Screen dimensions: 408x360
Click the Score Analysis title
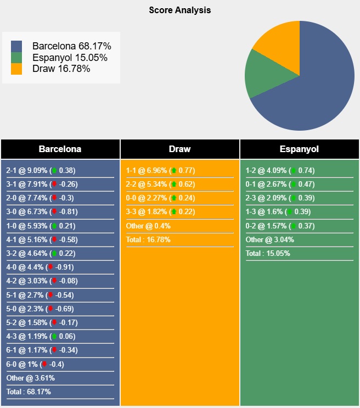179,10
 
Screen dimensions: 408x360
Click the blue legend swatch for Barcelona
16,46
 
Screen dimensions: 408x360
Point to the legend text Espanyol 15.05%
70,58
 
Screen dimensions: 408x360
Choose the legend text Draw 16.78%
61,69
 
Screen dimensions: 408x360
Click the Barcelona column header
60,149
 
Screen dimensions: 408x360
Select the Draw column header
180,149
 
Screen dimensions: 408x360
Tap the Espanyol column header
299,149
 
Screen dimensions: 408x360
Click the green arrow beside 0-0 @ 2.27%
174,198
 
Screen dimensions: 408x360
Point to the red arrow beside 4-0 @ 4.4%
51,267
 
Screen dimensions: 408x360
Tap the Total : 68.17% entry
30,392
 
